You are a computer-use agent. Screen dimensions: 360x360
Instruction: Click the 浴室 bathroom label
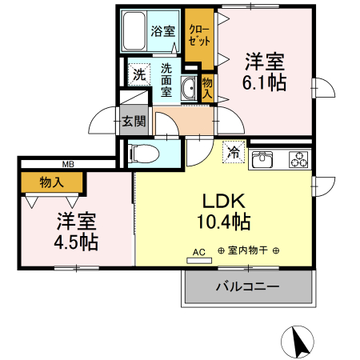163,32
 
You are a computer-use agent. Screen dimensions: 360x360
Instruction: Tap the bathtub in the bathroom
134,31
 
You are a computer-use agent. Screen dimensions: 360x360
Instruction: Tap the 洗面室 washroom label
166,79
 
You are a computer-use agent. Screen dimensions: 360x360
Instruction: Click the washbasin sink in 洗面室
190,88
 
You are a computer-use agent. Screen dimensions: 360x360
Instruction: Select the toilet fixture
146,151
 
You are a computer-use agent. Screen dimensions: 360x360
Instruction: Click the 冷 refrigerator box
234,150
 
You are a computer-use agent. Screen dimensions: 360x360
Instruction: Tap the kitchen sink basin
263,160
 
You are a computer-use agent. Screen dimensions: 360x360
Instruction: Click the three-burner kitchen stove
298,159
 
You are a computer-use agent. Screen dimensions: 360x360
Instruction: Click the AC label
199,251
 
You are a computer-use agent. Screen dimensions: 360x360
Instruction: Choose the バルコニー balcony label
247,286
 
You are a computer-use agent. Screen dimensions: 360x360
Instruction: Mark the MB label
68,164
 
